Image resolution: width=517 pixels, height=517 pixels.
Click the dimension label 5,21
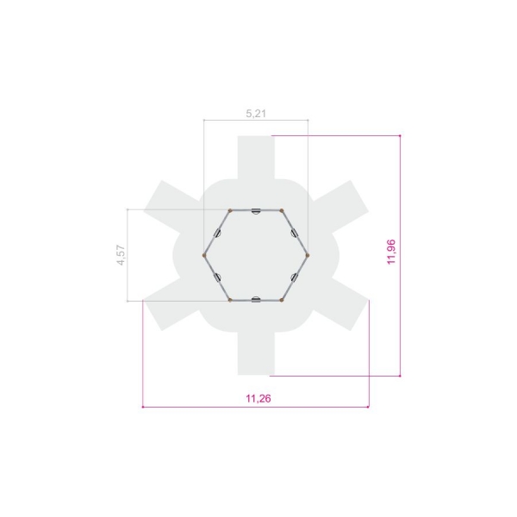click(256, 114)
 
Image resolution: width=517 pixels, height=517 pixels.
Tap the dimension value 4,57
click(121, 255)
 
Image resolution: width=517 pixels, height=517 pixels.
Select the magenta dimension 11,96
click(391, 252)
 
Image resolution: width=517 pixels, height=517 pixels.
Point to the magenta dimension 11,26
click(258, 399)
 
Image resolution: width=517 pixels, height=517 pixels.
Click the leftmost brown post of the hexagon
click(204, 255)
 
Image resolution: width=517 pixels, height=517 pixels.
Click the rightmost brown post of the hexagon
click(308, 255)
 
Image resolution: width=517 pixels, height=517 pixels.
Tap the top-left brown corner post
click(230, 210)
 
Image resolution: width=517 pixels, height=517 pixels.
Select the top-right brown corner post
click(282, 210)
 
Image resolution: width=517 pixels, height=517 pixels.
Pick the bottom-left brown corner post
click(230, 300)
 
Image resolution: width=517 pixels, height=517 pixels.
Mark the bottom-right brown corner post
click(282, 300)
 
